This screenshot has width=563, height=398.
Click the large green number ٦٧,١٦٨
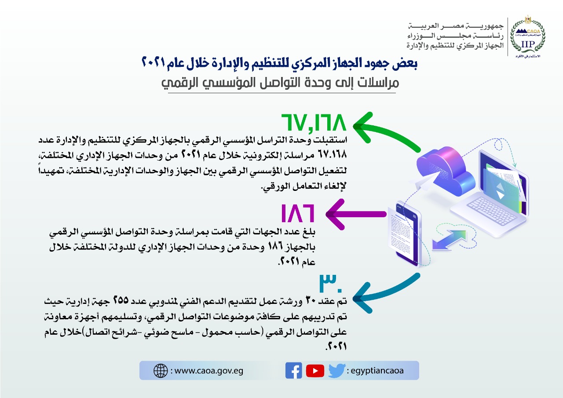[314, 123]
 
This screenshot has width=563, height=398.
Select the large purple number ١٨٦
[298, 213]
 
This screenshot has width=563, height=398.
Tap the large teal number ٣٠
[331, 283]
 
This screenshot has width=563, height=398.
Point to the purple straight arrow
[356, 214]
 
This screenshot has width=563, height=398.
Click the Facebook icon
[293, 371]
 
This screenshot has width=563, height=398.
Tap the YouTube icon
[315, 371]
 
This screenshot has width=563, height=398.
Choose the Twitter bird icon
[337, 371]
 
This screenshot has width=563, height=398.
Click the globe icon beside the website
[161, 371]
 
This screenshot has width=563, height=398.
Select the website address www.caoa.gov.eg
[208, 371]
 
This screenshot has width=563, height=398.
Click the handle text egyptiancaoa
[377, 371]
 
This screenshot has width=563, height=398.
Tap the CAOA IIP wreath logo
[527, 37]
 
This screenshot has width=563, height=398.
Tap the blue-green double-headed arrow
[449, 240]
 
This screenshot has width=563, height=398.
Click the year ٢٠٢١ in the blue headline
[154, 62]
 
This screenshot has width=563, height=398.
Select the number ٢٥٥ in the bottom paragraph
[121, 300]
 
